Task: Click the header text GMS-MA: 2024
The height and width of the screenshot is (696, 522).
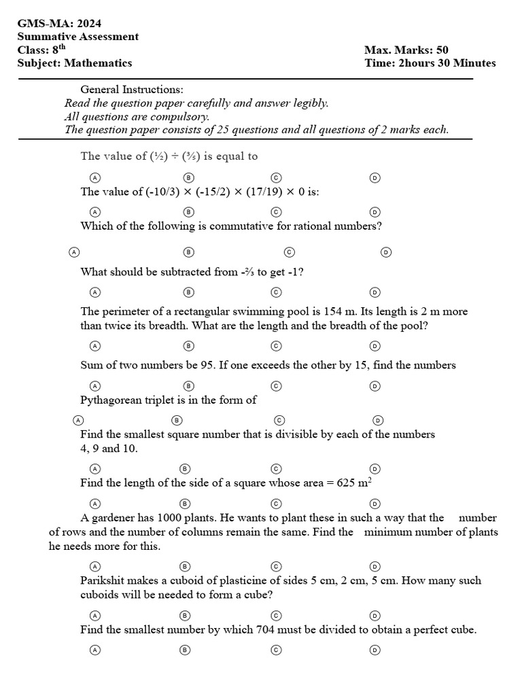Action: (53, 23)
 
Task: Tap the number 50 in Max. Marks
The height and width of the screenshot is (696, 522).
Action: (440, 50)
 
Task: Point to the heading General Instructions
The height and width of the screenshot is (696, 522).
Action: (131, 90)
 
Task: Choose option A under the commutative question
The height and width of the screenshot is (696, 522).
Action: (74, 252)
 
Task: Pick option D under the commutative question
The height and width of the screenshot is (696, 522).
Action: (386, 252)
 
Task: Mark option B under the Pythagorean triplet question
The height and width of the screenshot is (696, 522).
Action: (176, 420)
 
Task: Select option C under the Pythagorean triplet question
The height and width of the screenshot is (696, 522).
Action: (279, 420)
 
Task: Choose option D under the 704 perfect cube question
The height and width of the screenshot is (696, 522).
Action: (375, 650)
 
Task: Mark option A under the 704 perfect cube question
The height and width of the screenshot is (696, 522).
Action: (95, 650)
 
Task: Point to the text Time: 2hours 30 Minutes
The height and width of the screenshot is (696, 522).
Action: (430, 63)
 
